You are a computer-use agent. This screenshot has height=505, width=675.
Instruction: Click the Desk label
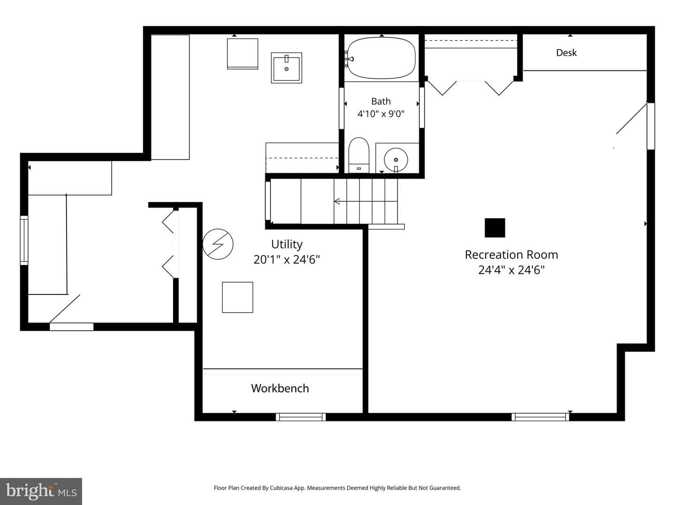tap(566, 53)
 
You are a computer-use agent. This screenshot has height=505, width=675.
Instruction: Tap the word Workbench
tap(280, 388)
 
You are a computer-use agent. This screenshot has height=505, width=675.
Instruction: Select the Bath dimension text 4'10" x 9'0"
tap(381, 114)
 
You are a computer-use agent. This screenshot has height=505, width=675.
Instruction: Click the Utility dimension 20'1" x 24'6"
tap(286, 260)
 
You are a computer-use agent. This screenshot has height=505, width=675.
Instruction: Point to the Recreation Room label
tap(511, 255)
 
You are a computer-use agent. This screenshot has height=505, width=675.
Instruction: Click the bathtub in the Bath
tap(381, 58)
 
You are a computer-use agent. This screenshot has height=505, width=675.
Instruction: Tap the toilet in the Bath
tap(359, 155)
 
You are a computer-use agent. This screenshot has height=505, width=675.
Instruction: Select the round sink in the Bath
tap(396, 159)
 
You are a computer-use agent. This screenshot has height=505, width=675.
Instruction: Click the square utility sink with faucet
tap(286, 67)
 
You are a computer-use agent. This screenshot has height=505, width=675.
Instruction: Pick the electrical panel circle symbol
tap(217, 244)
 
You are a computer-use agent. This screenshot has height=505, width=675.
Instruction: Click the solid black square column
tap(495, 228)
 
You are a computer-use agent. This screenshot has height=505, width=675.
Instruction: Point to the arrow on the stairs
tap(366, 201)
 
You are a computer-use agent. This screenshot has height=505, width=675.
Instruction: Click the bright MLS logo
tap(41, 491)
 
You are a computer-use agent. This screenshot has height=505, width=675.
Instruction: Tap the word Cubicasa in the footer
tap(281, 488)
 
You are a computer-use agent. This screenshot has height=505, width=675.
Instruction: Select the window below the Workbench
tap(300, 417)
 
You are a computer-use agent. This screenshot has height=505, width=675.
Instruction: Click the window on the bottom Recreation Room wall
tap(540, 417)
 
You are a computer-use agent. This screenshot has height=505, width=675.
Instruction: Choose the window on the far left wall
tap(24, 241)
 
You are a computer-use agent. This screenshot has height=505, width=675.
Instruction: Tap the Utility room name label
tap(287, 244)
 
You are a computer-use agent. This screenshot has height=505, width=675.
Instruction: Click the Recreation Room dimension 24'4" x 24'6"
tap(511, 270)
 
